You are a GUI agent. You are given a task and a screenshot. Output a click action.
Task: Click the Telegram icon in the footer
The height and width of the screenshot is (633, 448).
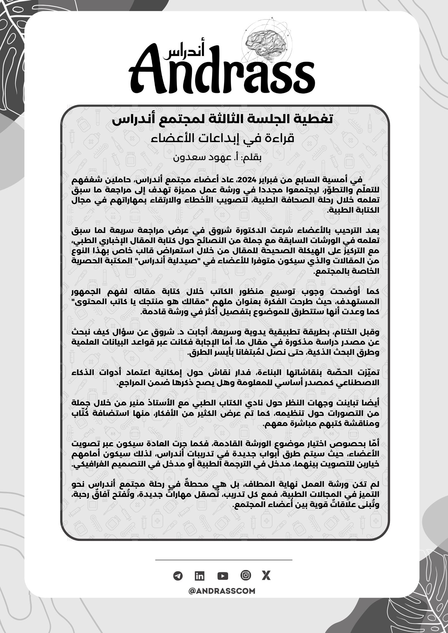(178, 576)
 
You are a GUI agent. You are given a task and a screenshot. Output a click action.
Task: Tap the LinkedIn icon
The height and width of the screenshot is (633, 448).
(200, 576)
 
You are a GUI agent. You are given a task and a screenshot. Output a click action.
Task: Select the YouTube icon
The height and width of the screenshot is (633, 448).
(223, 576)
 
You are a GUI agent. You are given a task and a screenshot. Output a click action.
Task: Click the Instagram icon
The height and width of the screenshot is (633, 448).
(246, 575)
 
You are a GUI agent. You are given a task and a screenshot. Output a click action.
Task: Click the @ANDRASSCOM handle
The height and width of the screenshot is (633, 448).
(222, 591)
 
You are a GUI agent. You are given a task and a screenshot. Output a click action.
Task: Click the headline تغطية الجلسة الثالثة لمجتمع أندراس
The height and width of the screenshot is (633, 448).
(223, 120)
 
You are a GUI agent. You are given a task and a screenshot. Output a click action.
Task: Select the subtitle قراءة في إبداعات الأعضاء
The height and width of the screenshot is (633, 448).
(223, 138)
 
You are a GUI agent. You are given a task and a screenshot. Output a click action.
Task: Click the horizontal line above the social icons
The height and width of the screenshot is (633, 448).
(224, 560)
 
